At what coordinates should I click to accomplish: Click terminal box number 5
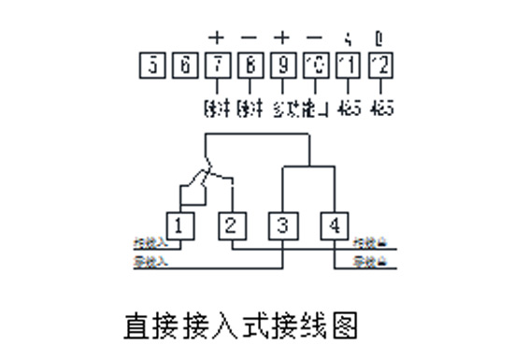(151, 65)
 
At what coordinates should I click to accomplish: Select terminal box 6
(184, 65)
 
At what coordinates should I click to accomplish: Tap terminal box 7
(217, 65)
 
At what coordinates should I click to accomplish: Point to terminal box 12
(380, 65)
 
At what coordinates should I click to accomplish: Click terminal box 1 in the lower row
(179, 225)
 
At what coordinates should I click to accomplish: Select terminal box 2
(231, 225)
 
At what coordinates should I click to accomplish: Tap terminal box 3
(282, 225)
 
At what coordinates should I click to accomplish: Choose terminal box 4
(334, 225)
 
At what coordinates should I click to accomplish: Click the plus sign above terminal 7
(217, 38)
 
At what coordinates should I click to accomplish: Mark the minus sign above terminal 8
(250, 38)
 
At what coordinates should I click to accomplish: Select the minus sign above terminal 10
(315, 38)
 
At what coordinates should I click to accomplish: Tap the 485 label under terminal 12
(381, 107)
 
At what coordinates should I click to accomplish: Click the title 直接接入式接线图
(240, 325)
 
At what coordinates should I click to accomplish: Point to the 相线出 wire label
(366, 243)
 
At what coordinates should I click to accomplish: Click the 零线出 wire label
(366, 263)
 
